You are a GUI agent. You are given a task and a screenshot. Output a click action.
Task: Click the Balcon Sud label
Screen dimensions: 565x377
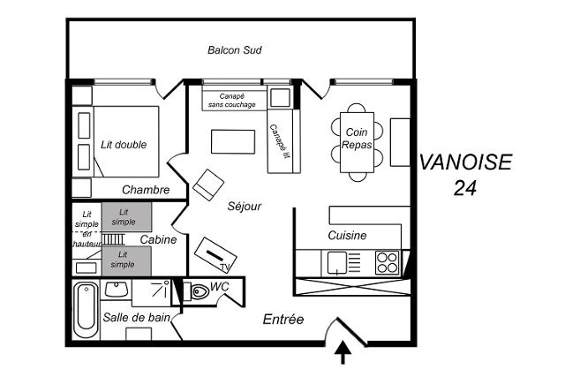coord(235,50)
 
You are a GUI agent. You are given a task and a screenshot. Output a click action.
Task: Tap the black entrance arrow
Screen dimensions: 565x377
coord(343,353)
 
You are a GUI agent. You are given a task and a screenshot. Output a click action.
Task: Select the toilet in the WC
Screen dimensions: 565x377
coord(198,291)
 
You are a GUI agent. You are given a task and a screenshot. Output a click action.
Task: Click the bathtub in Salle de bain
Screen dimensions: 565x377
coord(86,310)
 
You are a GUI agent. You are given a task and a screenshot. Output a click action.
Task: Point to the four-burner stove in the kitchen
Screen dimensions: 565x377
coord(387,262)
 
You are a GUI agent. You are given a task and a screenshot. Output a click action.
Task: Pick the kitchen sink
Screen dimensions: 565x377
coord(337,262)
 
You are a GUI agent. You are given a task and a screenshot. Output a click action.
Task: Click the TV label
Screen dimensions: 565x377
coord(225,267)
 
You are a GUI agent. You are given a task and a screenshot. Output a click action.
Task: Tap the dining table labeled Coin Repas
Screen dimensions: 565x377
coord(357,142)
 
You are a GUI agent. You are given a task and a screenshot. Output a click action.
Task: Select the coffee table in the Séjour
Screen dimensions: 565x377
coord(233,141)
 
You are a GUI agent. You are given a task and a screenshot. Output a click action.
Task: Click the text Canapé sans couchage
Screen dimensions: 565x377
coord(232,101)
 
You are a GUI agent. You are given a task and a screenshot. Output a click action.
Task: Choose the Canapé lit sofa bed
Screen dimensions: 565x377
coord(284,141)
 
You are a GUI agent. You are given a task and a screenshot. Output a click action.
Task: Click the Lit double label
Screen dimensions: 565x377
coord(124,145)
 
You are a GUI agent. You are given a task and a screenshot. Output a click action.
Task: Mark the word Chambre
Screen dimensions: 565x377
coord(146,190)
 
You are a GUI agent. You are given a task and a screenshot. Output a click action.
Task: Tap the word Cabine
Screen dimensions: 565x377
coord(158,239)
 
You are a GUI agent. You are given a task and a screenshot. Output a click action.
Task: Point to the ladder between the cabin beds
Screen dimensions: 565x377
coord(113,239)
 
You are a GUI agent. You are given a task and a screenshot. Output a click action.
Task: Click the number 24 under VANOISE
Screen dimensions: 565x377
coord(465,188)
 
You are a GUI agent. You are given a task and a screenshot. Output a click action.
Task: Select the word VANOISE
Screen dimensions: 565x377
coord(465,162)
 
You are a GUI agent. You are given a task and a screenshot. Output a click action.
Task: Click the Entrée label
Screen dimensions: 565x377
coord(283,320)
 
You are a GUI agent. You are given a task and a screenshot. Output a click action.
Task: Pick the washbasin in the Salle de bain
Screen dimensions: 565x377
coord(116,289)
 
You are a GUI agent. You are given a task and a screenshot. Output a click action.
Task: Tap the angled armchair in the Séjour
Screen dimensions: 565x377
coord(208,185)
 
